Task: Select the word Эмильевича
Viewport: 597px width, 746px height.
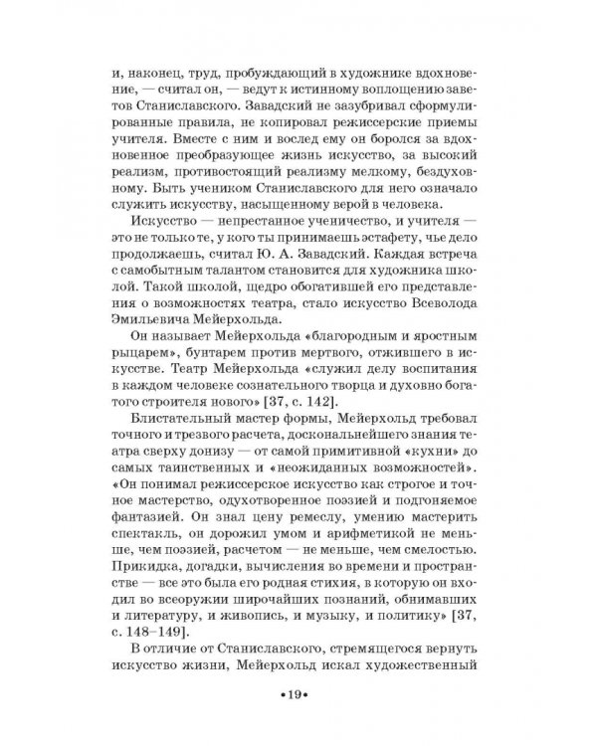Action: pos(155,318)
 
